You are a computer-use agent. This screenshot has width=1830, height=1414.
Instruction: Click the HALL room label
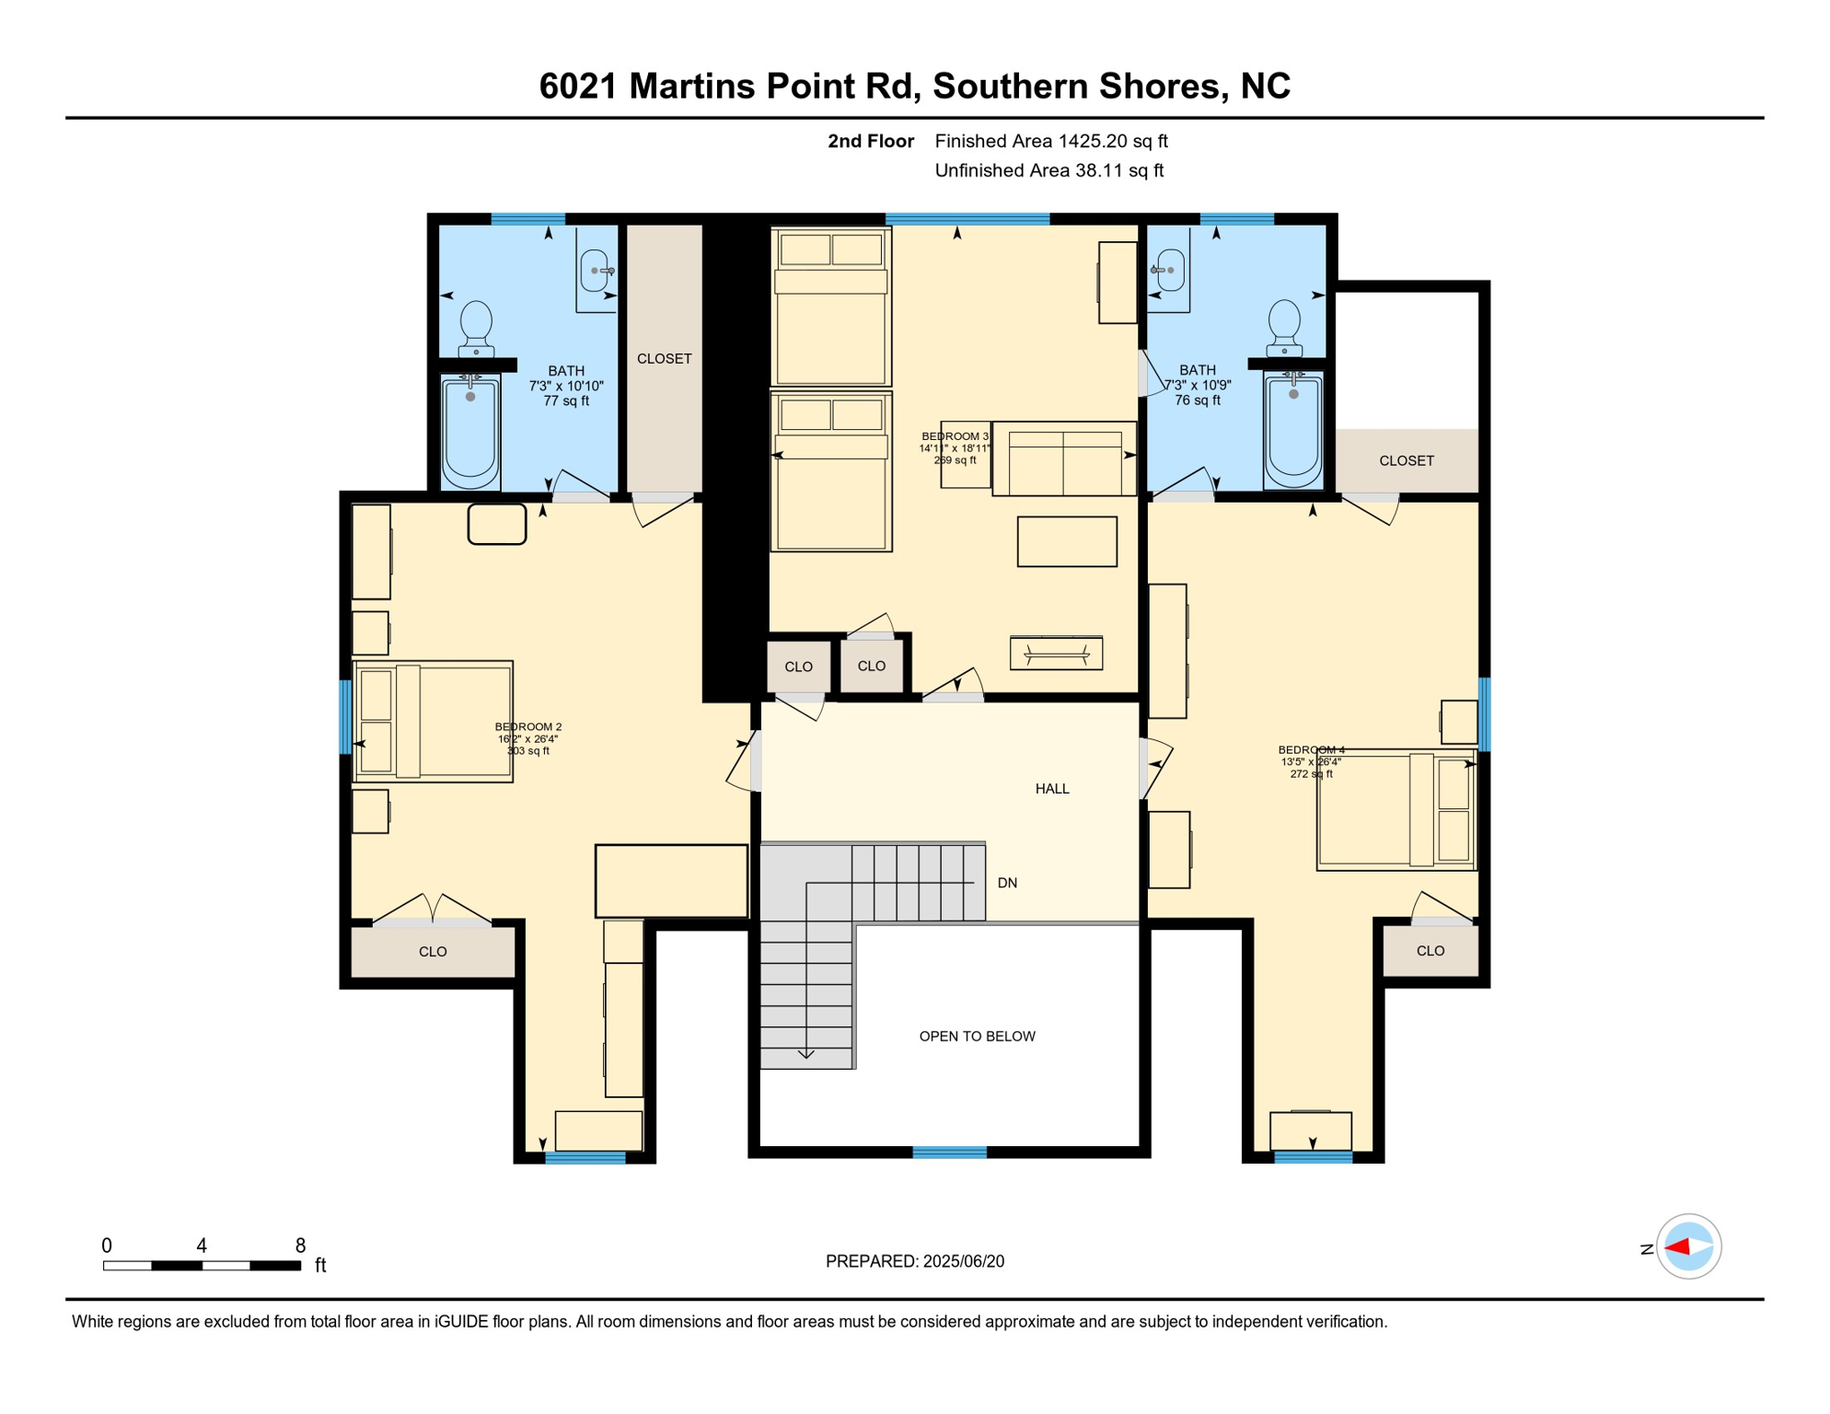coord(1052,789)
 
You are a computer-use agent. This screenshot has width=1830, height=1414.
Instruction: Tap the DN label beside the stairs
coord(1007,883)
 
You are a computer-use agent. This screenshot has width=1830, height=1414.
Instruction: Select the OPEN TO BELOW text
coord(978,1037)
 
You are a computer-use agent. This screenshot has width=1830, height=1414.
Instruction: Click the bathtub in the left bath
coord(470,431)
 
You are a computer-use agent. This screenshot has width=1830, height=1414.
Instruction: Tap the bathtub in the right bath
coord(1293,429)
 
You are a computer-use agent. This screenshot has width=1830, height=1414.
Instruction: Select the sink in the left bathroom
coord(596,271)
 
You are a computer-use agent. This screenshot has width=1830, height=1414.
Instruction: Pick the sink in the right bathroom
coord(1169,270)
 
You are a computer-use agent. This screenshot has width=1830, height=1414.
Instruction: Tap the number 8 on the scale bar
coord(300,1246)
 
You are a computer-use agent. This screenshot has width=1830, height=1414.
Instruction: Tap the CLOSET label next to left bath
coord(665,359)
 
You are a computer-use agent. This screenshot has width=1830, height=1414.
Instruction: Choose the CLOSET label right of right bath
coord(1407,461)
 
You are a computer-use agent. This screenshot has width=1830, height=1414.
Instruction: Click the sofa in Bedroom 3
coord(1064,458)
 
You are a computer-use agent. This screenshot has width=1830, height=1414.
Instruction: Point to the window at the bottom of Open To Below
coord(949,1153)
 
